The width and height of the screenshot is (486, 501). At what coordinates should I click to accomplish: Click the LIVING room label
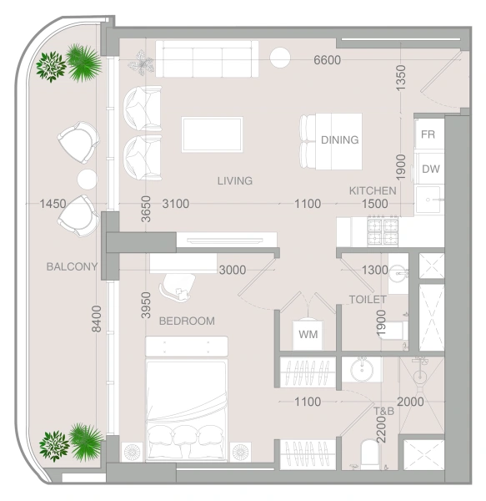(x=234, y=180)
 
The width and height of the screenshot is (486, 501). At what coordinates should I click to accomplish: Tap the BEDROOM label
(x=187, y=321)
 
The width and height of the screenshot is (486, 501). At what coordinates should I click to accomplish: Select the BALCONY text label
(x=73, y=267)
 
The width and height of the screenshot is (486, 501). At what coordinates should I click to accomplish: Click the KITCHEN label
(x=372, y=191)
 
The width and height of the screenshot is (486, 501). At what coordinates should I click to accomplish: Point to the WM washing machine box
(x=308, y=335)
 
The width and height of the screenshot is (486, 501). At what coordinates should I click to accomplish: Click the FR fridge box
(x=428, y=134)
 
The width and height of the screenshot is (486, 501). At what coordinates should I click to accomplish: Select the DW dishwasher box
(x=430, y=169)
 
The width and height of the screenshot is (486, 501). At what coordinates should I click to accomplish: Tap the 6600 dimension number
(x=328, y=60)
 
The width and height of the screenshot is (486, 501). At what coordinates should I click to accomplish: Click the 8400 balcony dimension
(x=98, y=321)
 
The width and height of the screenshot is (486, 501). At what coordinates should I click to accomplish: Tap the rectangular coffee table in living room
(x=213, y=134)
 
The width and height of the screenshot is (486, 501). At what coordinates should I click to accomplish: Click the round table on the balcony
(x=88, y=179)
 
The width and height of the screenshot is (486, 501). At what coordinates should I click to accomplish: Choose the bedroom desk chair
(x=178, y=286)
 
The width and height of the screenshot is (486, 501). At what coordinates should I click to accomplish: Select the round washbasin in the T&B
(x=362, y=368)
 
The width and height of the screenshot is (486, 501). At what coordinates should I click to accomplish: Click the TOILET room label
(x=368, y=299)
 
